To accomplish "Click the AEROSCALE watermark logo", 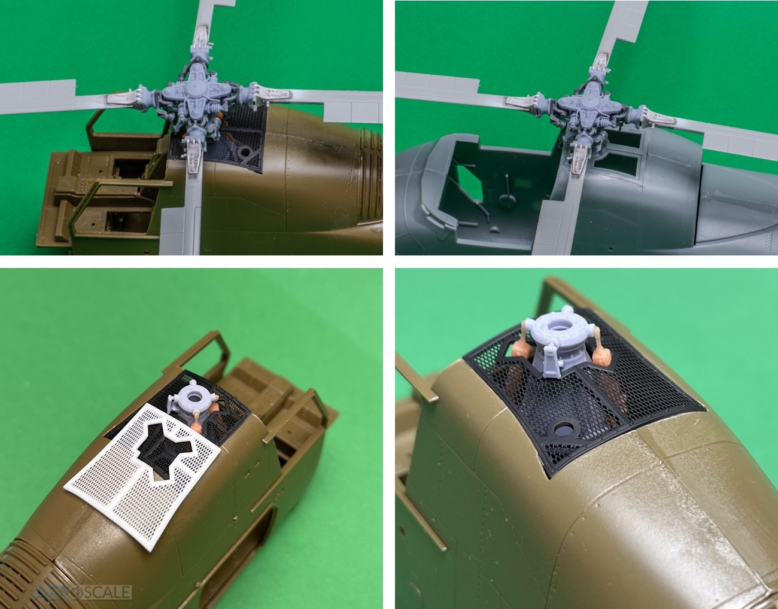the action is pyautogui.click(x=83, y=592).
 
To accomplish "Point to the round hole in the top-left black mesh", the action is pyautogui.click(x=245, y=153).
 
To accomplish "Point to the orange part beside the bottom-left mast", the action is pyautogui.click(x=197, y=424).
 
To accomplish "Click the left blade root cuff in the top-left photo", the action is pyautogui.click(x=123, y=98).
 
